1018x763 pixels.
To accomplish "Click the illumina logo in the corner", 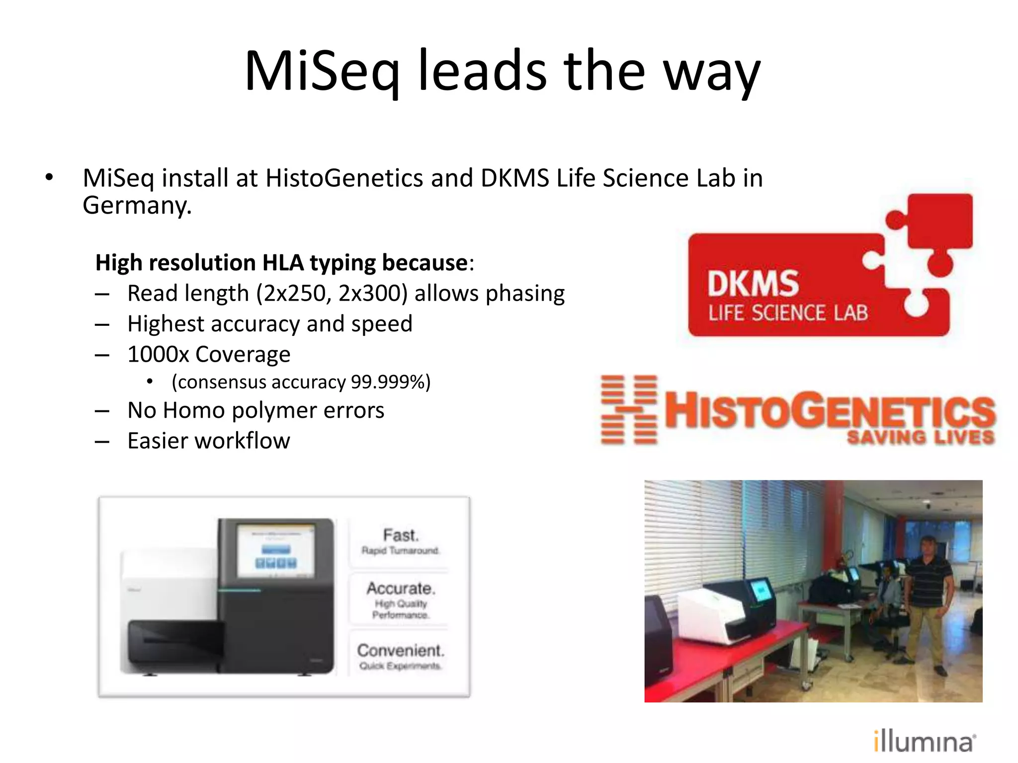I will (924, 742).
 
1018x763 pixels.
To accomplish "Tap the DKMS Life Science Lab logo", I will (820, 278).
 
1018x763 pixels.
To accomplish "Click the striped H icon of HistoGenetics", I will (629, 410).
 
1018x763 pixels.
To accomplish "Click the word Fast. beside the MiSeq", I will (401, 535).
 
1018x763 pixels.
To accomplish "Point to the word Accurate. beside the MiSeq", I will (401, 588).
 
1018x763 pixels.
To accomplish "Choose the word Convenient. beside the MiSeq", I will (401, 650).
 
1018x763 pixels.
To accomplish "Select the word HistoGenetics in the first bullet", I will (344, 178).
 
